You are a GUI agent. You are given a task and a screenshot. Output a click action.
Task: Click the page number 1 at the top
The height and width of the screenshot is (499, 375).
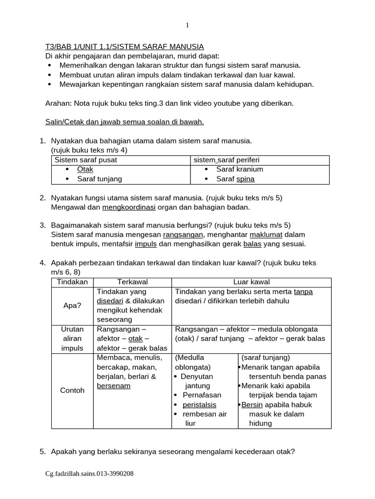[187, 26]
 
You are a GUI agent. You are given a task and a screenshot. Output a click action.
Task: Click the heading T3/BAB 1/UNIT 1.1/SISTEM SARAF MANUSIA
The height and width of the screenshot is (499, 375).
[125, 47]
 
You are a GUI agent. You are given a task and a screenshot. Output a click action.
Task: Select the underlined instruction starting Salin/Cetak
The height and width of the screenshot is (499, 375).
[125, 121]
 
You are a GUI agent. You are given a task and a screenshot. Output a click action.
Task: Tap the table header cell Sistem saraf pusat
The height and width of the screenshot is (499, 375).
[86, 160]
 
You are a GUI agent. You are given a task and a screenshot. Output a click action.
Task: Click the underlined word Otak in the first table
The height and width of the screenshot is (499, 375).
[85, 169]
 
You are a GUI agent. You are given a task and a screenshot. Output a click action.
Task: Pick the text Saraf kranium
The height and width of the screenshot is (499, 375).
[239, 169]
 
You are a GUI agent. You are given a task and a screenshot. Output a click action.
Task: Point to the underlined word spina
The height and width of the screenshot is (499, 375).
[245, 179]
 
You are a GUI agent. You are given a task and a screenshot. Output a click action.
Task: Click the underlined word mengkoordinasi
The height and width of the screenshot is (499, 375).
[128, 207]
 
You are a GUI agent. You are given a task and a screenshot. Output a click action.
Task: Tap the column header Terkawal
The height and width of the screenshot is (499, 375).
[132, 282]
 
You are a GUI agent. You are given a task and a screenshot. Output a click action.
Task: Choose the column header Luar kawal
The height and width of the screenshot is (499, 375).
[251, 282]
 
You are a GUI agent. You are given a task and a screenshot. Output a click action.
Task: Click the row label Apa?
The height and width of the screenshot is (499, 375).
[72, 306]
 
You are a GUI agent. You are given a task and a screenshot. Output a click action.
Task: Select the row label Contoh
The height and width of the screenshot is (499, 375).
[72, 390]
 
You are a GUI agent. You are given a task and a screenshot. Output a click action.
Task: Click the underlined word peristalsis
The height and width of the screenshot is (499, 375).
[199, 404]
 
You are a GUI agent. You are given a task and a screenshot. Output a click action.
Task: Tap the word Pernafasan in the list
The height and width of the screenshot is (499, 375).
[202, 395]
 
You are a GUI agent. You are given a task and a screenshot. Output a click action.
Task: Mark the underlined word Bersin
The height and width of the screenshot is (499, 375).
[252, 404]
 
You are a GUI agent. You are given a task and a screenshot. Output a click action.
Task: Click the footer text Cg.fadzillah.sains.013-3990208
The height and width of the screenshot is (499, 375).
[89, 473]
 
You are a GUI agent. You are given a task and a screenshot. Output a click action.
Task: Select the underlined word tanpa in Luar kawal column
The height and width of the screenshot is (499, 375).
[303, 291]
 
